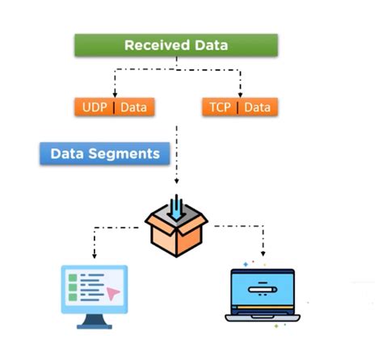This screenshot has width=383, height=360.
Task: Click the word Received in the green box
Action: tap(157, 45)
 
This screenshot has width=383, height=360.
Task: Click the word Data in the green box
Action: tap(212, 45)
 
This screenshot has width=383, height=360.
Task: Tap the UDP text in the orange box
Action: tap(95, 107)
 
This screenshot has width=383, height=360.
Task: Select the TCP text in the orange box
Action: tap(220, 107)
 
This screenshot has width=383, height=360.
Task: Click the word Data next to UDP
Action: tap(133, 107)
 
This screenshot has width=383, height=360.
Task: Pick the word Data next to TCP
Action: tap(257, 107)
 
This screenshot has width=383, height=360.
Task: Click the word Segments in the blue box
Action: tap(124, 154)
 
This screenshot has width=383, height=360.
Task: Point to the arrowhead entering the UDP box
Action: tap(115, 95)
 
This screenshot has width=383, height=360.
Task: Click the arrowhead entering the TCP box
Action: tap(240, 95)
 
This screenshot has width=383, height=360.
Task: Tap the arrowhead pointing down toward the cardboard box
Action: tap(176, 181)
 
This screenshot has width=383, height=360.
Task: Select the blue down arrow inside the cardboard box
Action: tap(176, 207)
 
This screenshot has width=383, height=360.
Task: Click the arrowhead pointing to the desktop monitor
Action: tap(95, 256)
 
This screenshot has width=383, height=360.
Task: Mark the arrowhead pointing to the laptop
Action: tap(263, 253)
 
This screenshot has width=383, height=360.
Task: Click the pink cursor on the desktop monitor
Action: tap(112, 293)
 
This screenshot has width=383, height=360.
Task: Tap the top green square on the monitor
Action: tap(73, 278)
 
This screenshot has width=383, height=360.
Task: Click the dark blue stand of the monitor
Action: tap(95, 321)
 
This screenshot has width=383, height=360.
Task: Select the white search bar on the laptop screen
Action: tap(263, 290)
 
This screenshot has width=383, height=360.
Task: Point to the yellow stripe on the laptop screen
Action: tap(266, 308)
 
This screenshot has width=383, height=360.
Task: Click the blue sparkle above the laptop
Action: tap(246, 265)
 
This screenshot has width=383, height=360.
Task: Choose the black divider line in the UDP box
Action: tap(114, 107)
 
